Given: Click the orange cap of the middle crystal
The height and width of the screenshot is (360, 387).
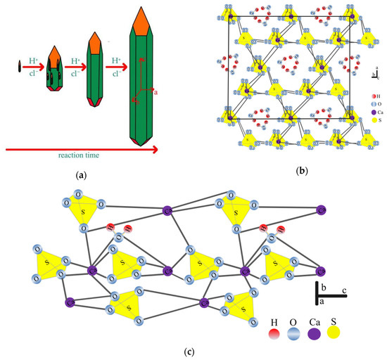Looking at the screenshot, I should pyautogui.click(x=94, y=45).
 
